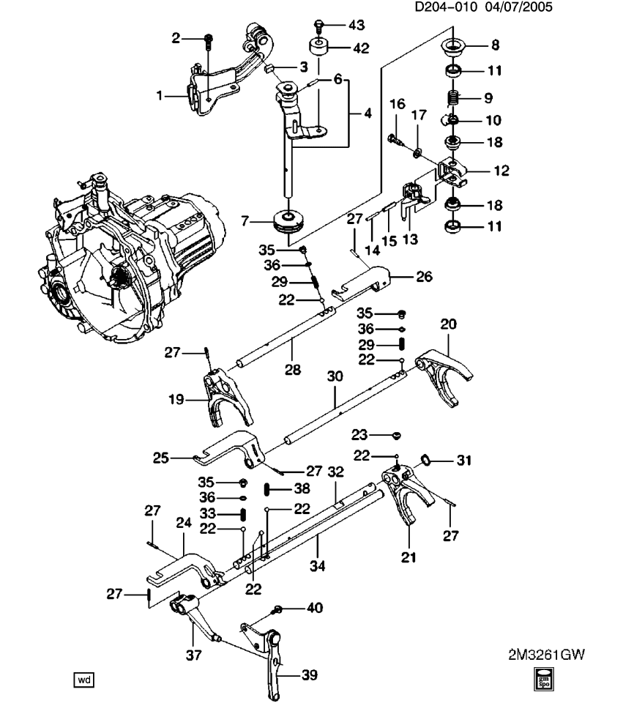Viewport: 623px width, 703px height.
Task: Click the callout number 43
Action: pos(357,25)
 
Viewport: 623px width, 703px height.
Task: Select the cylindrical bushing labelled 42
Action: pos(317,47)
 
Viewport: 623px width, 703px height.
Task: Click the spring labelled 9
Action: pos(453,97)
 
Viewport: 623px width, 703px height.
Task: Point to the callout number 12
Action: pos(501,171)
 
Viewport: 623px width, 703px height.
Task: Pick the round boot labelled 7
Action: pos(289,221)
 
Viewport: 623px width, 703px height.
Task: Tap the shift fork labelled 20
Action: pos(444,376)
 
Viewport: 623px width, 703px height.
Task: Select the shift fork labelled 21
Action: pos(407,492)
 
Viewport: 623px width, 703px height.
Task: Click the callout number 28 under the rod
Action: pos(293,370)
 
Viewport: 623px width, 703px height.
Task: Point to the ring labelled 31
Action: pos(425,460)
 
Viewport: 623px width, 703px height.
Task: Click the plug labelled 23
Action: pos(396,435)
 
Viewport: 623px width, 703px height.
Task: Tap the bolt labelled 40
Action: pos(277,609)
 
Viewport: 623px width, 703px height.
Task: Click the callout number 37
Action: pos(193,655)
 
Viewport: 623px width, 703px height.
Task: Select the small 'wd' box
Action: pos(83,680)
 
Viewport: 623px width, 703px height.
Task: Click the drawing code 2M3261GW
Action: pos(546,655)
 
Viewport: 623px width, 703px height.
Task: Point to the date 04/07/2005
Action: pos(518,7)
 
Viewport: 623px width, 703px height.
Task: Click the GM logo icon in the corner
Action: pos(544,679)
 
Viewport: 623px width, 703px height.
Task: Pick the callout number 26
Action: pos(424,277)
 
